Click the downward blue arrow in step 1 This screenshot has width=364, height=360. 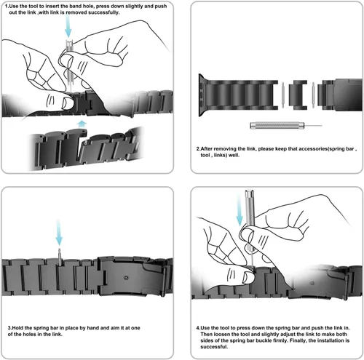(68, 27)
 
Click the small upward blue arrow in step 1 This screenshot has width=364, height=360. (82, 124)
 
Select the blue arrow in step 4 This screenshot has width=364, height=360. (240, 210)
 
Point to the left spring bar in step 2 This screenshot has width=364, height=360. (283, 95)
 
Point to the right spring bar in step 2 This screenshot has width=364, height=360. (313, 95)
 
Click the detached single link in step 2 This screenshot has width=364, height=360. (298, 95)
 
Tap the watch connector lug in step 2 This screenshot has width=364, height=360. (202, 95)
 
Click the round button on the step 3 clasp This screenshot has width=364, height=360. (126, 278)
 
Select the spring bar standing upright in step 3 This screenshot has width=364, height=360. (60, 257)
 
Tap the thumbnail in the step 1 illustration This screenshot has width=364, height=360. (66, 103)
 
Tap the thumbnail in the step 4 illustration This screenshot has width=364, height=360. (248, 278)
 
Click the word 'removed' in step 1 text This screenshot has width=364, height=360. (76, 12)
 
